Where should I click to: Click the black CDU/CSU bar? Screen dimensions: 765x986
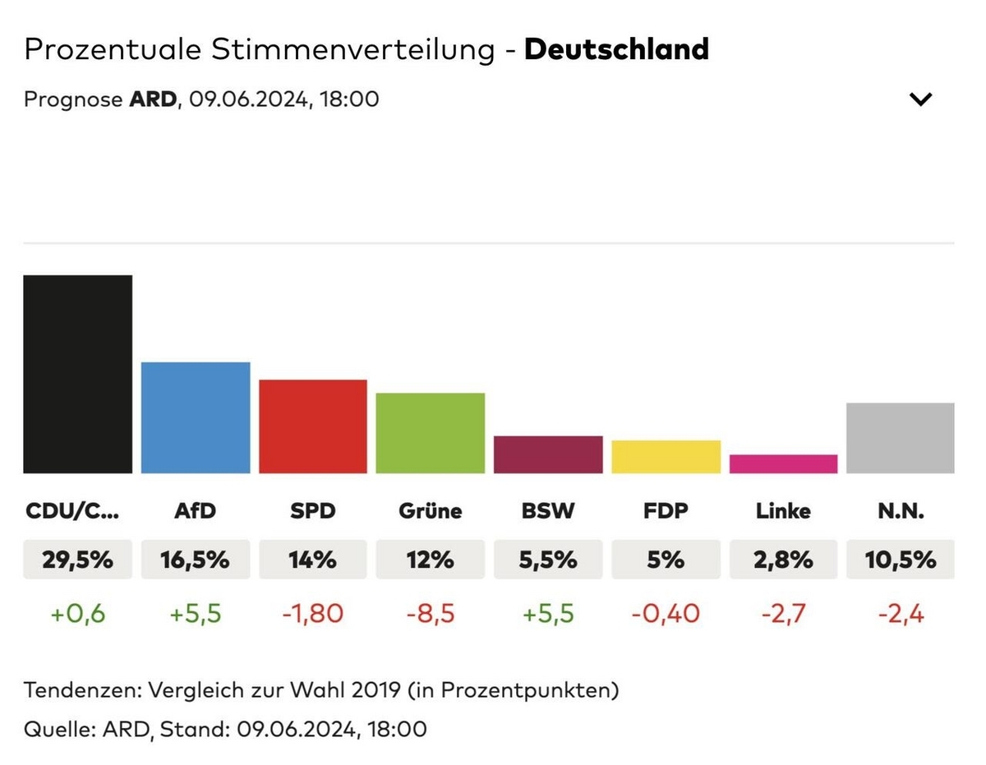coord(77,374)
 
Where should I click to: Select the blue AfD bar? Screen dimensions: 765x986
coord(196,417)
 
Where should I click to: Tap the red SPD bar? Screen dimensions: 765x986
coord(313,426)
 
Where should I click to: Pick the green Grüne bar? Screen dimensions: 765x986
coord(431,433)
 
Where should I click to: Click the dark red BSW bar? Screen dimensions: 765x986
coord(548,454)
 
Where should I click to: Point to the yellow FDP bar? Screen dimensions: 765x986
coord(666,457)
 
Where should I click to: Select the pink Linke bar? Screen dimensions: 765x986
coord(783,464)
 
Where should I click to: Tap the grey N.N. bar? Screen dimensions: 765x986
coord(901,438)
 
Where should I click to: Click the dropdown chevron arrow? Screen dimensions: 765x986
coord(921,99)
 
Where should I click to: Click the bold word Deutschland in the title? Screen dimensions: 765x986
coord(616,49)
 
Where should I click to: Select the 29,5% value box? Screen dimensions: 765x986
coord(77,560)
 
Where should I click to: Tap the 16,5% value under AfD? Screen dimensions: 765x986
coord(196,560)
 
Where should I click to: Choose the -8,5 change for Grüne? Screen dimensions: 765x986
coord(431,613)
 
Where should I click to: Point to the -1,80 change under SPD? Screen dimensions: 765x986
coord(313,613)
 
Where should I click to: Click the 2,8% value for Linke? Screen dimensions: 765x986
coord(783,560)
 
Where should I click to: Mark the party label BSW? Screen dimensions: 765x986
coord(548,511)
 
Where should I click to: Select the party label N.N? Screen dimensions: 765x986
coord(901,511)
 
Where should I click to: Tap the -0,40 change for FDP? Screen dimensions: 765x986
coord(666,613)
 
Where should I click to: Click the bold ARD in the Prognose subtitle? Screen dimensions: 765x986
coord(153,99)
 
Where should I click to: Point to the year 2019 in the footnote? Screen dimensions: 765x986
coord(375,690)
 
